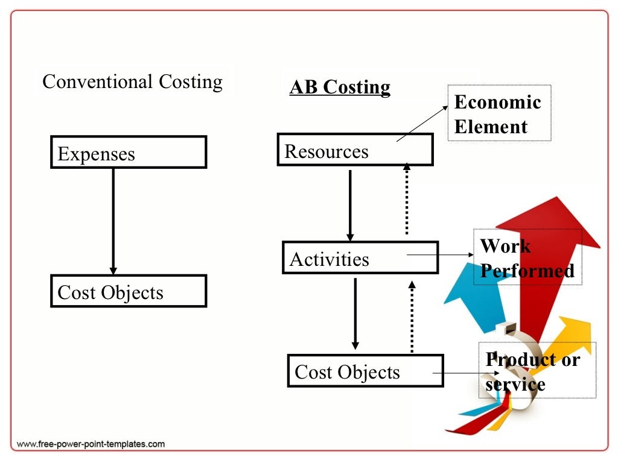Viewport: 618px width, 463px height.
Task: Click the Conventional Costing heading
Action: [132, 81]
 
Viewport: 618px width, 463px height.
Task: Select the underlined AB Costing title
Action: [340, 87]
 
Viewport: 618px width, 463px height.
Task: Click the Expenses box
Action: [129, 152]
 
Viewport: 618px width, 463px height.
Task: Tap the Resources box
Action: [355, 150]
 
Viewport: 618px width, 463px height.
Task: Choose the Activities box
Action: [360, 257]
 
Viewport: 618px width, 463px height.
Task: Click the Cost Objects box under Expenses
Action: [129, 291]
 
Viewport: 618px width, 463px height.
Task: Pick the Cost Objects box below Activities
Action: [365, 371]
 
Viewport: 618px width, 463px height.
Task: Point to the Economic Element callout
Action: [499, 113]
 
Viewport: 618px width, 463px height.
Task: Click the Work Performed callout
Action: [527, 257]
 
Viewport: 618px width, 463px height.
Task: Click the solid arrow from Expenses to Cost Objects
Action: [113, 221]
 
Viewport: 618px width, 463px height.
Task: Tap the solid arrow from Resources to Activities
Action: [350, 205]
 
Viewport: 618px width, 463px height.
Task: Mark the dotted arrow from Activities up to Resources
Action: [406, 199]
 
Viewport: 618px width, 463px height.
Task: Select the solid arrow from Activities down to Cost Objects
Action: [355, 313]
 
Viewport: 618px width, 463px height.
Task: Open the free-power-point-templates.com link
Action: [91, 444]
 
